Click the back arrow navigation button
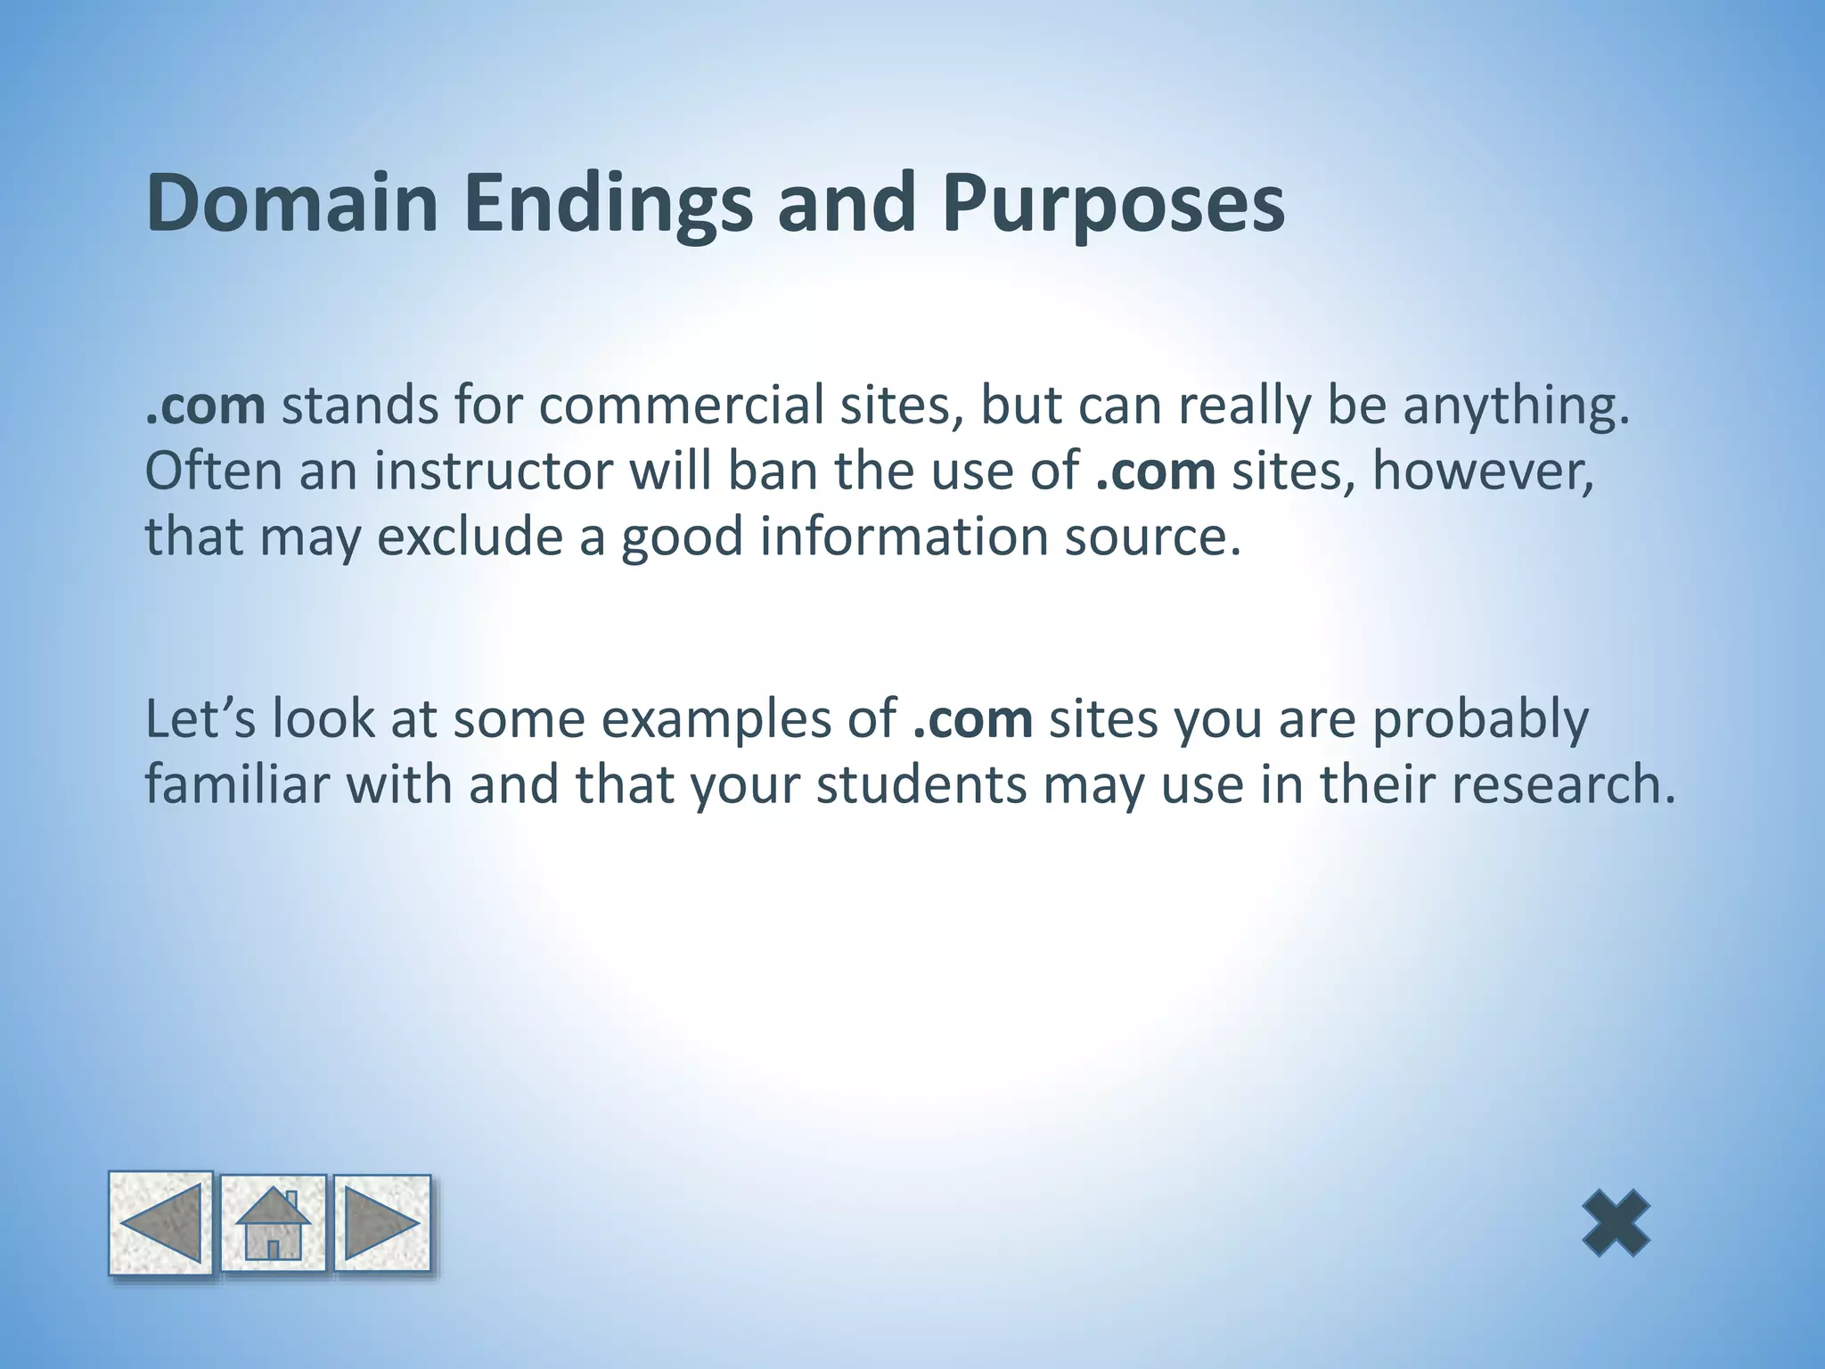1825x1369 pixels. [x=161, y=1223]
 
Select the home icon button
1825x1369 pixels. [x=274, y=1223]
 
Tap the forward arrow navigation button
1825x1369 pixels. [x=382, y=1223]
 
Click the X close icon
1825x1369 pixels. [x=1616, y=1223]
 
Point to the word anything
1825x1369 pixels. [x=1516, y=406]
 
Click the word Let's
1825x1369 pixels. [x=200, y=719]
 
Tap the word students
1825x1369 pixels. [x=921, y=784]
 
